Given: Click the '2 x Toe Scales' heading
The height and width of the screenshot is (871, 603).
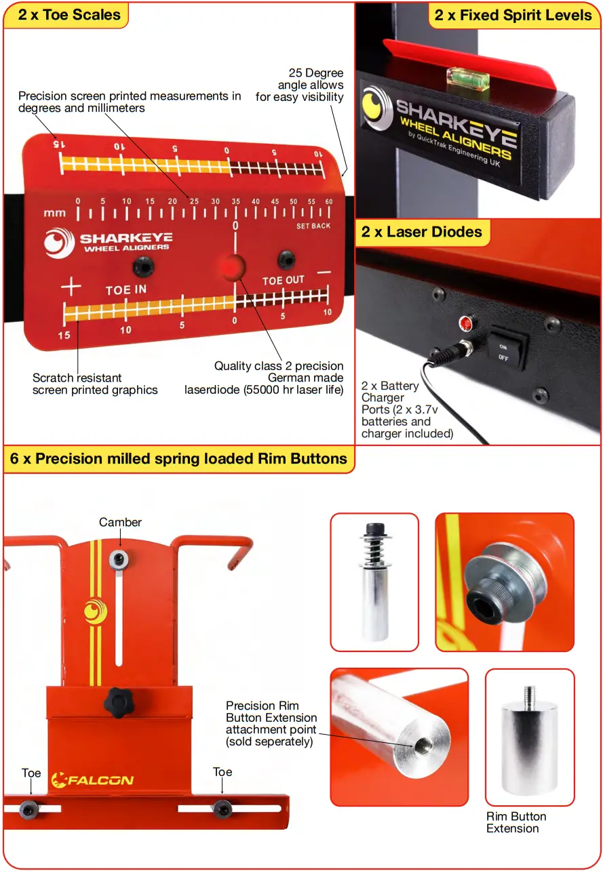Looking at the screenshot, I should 69,15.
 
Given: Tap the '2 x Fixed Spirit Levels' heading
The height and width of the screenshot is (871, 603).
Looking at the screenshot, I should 513,15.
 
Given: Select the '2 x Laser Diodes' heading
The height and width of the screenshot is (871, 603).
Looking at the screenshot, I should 421,232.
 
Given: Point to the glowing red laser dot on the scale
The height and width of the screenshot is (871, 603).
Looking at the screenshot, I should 232,266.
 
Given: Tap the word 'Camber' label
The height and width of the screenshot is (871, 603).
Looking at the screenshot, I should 120,522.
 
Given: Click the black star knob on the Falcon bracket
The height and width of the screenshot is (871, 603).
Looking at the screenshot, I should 119,697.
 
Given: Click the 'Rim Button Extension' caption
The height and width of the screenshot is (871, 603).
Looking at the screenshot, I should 516,822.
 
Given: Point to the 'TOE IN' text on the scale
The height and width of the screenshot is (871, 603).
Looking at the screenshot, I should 126,290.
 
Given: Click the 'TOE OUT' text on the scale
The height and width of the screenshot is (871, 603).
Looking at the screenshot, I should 284,281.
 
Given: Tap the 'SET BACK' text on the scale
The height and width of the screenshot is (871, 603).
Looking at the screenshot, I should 313,226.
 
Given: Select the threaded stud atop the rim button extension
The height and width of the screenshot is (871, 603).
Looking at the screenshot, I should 529,695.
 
